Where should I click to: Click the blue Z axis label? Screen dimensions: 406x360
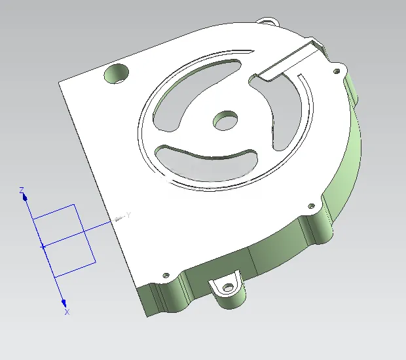(x=22, y=190)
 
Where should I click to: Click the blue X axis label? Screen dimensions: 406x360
(x=67, y=312)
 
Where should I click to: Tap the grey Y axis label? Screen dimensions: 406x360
(x=128, y=215)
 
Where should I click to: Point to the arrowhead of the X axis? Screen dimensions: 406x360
(x=64, y=303)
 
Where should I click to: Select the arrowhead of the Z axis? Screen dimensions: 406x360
(x=25, y=198)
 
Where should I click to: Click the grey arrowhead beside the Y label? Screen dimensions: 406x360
(x=119, y=219)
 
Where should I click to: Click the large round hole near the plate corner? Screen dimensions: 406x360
(x=117, y=73)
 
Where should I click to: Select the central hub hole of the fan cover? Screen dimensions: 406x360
(x=225, y=120)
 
